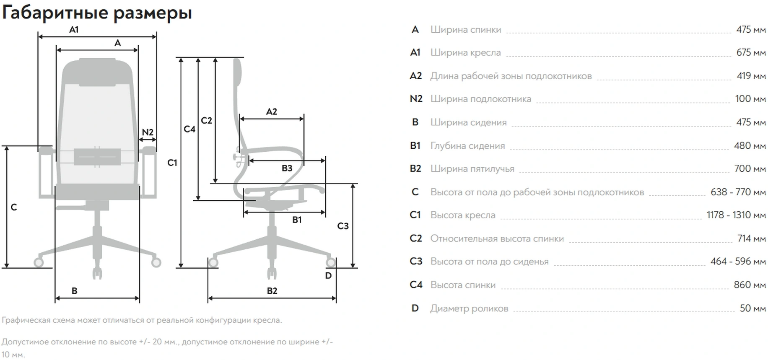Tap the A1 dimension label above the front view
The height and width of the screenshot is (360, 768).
(74, 30)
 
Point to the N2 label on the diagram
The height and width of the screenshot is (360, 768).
(148, 132)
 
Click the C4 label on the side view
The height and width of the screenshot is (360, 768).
(189, 129)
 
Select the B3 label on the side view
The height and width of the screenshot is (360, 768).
(287, 168)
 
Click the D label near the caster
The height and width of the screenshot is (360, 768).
(328, 276)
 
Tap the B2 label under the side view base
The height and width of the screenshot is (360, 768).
(272, 291)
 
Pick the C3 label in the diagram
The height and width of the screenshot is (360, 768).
(343, 226)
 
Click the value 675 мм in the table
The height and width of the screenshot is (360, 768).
(751, 53)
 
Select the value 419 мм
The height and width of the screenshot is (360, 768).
(751, 76)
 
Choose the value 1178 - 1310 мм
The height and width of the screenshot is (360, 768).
(736, 215)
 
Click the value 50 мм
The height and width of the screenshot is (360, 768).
(752, 308)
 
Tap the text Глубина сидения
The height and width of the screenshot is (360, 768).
(467, 146)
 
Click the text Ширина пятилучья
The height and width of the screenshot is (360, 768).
(472, 169)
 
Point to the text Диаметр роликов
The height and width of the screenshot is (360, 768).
(469, 308)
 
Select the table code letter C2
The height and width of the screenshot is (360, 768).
(415, 238)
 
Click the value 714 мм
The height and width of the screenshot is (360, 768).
(751, 238)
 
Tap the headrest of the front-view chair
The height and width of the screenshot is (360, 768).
(97, 71)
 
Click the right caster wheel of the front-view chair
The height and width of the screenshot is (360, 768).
(156, 263)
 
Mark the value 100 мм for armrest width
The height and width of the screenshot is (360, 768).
(750, 99)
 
